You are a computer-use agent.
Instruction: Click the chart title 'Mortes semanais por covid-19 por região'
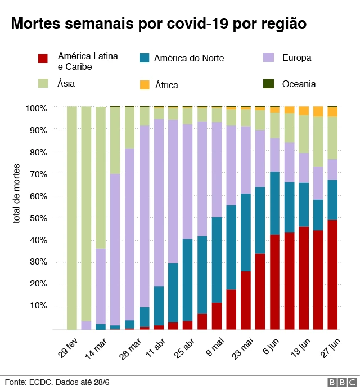tap(159, 24)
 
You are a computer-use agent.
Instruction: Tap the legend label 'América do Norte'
tap(189, 58)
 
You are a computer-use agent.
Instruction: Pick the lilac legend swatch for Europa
tap(269, 57)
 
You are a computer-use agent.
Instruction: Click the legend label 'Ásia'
tap(66, 84)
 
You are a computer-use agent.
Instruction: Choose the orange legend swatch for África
tap(145, 85)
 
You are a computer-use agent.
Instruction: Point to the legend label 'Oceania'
tap(299, 84)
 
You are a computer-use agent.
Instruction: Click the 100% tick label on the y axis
tap(35, 107)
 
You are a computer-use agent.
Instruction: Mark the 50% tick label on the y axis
tap(38, 218)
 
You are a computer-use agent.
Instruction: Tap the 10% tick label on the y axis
tap(38, 306)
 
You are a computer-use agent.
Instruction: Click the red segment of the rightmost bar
tap(332, 274)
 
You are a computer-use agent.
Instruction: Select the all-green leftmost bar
tap(71, 218)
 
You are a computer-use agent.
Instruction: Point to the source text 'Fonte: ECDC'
tap(28, 382)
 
